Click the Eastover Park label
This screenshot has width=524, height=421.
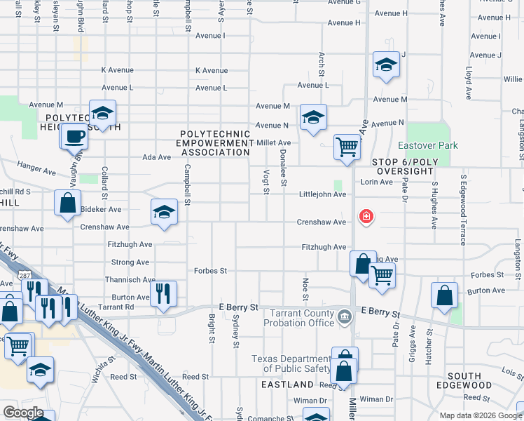(427, 145)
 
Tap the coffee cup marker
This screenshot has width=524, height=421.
(74, 137)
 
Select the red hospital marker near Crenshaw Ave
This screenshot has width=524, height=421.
(365, 217)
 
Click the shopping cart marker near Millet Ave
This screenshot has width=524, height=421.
(347, 147)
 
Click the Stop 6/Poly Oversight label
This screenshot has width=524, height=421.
(416, 166)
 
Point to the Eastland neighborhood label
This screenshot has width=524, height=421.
(287, 385)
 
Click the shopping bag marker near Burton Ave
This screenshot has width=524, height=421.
(444, 295)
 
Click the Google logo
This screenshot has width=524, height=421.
(23, 413)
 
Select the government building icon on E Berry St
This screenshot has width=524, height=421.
(344, 318)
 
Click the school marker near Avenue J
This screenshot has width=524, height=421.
(385, 65)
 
